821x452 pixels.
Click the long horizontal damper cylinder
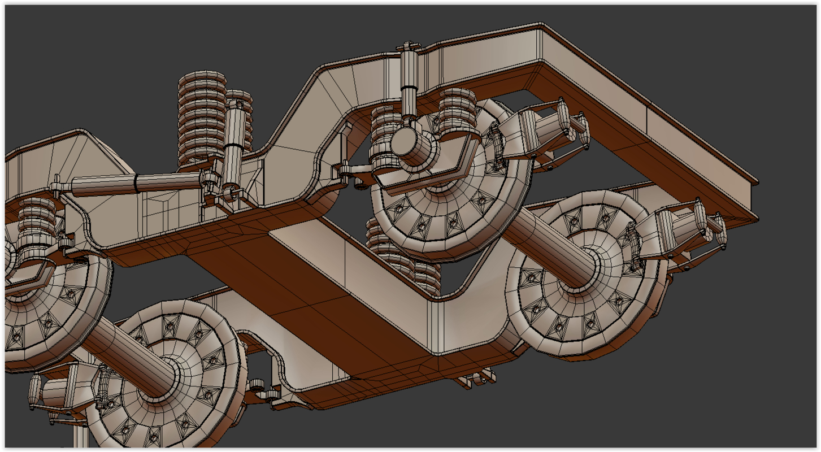[136, 183]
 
